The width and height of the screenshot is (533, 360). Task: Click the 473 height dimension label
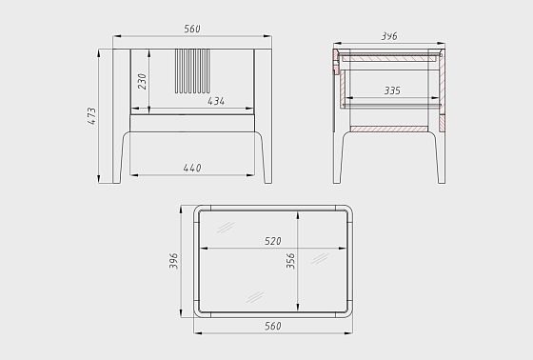point(92,116)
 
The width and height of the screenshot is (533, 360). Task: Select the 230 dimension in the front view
point(142,81)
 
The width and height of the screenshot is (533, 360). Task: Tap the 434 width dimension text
point(216,101)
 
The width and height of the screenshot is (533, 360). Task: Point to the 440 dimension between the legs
point(192,168)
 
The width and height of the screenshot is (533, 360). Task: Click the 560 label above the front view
point(192,29)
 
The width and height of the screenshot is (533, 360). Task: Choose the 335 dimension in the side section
point(392,90)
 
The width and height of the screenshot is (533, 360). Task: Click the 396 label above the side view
point(389,36)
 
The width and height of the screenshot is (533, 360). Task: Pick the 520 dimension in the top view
point(273,241)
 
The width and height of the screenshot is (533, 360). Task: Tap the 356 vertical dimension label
point(290,261)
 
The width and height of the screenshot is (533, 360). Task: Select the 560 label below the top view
point(273,326)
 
